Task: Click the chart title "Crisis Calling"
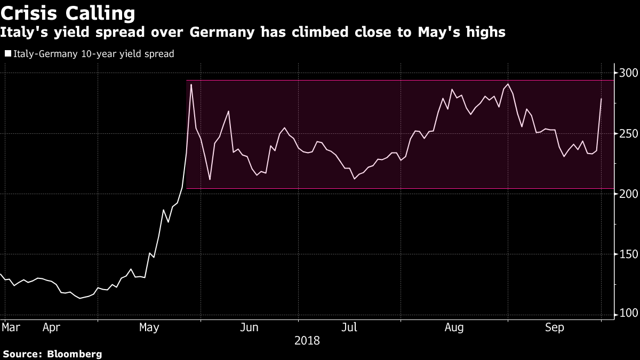pyautogui.click(x=68, y=14)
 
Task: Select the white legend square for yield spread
pyautogui.click(x=8, y=53)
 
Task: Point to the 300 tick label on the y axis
pyautogui.click(x=628, y=73)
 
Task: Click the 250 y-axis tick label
pyautogui.click(x=628, y=134)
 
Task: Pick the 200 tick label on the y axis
pyautogui.click(x=628, y=194)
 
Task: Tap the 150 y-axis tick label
pyautogui.click(x=628, y=254)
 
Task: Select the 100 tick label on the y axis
pyautogui.click(x=628, y=313)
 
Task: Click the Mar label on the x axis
pyautogui.click(x=11, y=327)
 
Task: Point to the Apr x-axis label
pyautogui.click(x=51, y=327)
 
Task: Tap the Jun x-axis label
pyautogui.click(x=249, y=327)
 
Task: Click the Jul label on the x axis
pyautogui.click(x=349, y=327)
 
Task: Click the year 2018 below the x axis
pyautogui.click(x=307, y=341)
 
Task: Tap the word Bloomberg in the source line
pyautogui.click(x=75, y=355)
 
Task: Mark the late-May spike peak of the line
pyautogui.click(x=191, y=85)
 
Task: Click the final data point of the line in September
pyautogui.click(x=601, y=99)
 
